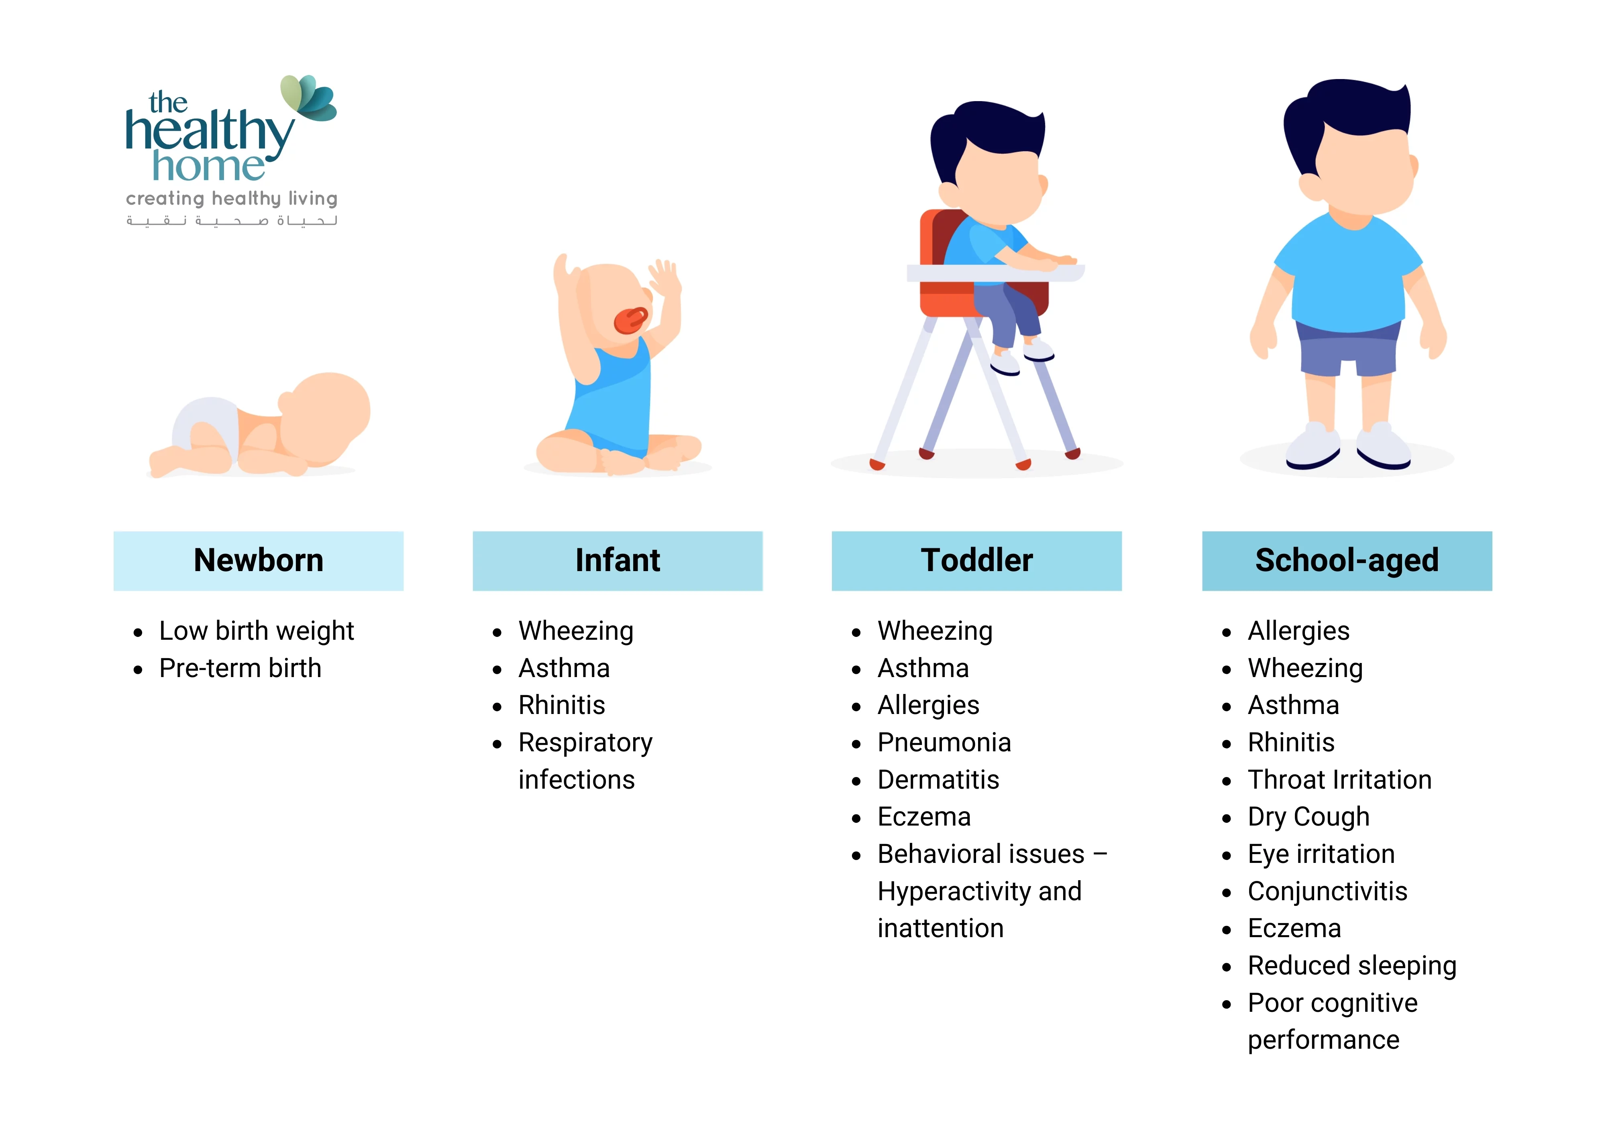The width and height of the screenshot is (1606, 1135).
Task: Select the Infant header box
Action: pos(618,561)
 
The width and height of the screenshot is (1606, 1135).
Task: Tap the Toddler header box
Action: pos(976,561)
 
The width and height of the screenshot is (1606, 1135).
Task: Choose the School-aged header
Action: pos(1347,561)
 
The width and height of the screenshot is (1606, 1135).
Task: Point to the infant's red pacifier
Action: pos(631,320)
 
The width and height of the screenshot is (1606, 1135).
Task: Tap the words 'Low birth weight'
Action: pos(257,631)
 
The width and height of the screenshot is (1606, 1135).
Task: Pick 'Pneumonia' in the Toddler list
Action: pos(944,742)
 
